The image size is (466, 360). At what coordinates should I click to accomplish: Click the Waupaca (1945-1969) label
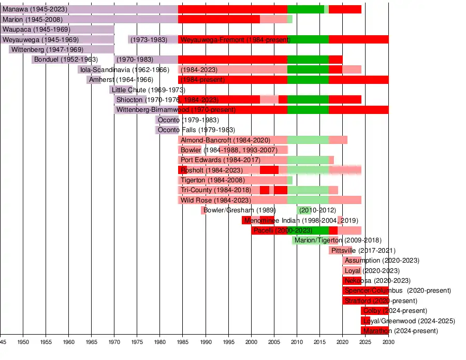(36, 30)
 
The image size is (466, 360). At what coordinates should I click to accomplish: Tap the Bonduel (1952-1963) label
(66, 59)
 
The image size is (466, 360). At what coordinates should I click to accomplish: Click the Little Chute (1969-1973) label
(141, 90)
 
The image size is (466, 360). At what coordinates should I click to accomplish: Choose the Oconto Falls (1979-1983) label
(196, 129)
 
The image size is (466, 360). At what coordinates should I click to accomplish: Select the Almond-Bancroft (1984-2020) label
(225, 140)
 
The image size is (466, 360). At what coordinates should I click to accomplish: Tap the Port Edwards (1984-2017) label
(221, 160)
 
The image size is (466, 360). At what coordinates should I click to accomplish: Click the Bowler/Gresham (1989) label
(240, 210)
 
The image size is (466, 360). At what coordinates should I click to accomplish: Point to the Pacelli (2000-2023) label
(282, 230)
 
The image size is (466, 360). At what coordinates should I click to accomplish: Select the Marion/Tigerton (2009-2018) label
(338, 240)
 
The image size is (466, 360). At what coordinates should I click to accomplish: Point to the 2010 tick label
(297, 342)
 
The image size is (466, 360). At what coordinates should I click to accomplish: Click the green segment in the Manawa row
(305, 9)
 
